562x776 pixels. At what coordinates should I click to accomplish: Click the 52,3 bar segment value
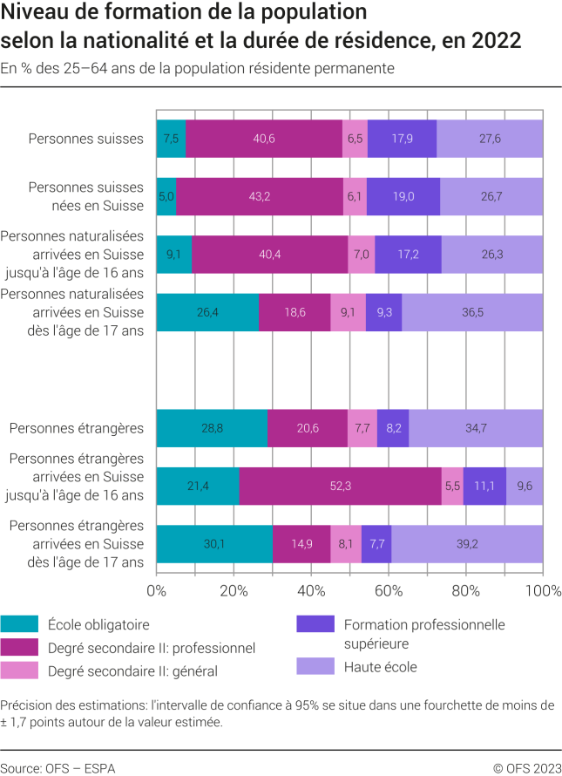(342, 486)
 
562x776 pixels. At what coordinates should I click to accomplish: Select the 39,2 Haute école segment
(467, 544)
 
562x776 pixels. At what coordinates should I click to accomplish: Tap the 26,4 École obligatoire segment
(207, 312)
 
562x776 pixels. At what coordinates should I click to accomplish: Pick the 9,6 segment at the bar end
(525, 486)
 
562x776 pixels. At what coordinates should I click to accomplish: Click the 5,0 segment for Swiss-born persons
(166, 196)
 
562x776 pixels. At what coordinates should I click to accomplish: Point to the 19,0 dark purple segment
(403, 196)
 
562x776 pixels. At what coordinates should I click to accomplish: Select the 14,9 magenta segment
(301, 544)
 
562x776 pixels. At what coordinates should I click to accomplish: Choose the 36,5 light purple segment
(472, 312)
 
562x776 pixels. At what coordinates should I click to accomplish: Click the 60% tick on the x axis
(389, 592)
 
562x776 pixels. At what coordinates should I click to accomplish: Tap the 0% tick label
(156, 592)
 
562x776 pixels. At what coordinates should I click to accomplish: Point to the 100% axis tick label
(542, 592)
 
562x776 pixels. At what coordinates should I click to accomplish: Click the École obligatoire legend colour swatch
(19, 624)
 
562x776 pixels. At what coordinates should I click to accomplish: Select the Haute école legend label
(380, 667)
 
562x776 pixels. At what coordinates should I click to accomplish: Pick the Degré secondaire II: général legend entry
(133, 670)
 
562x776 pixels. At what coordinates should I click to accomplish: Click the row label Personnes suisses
(85, 139)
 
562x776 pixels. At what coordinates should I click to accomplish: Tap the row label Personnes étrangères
(76, 428)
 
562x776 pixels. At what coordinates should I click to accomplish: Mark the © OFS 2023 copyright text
(527, 768)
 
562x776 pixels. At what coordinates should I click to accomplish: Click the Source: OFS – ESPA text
(58, 768)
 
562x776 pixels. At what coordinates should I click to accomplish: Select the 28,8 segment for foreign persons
(212, 428)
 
